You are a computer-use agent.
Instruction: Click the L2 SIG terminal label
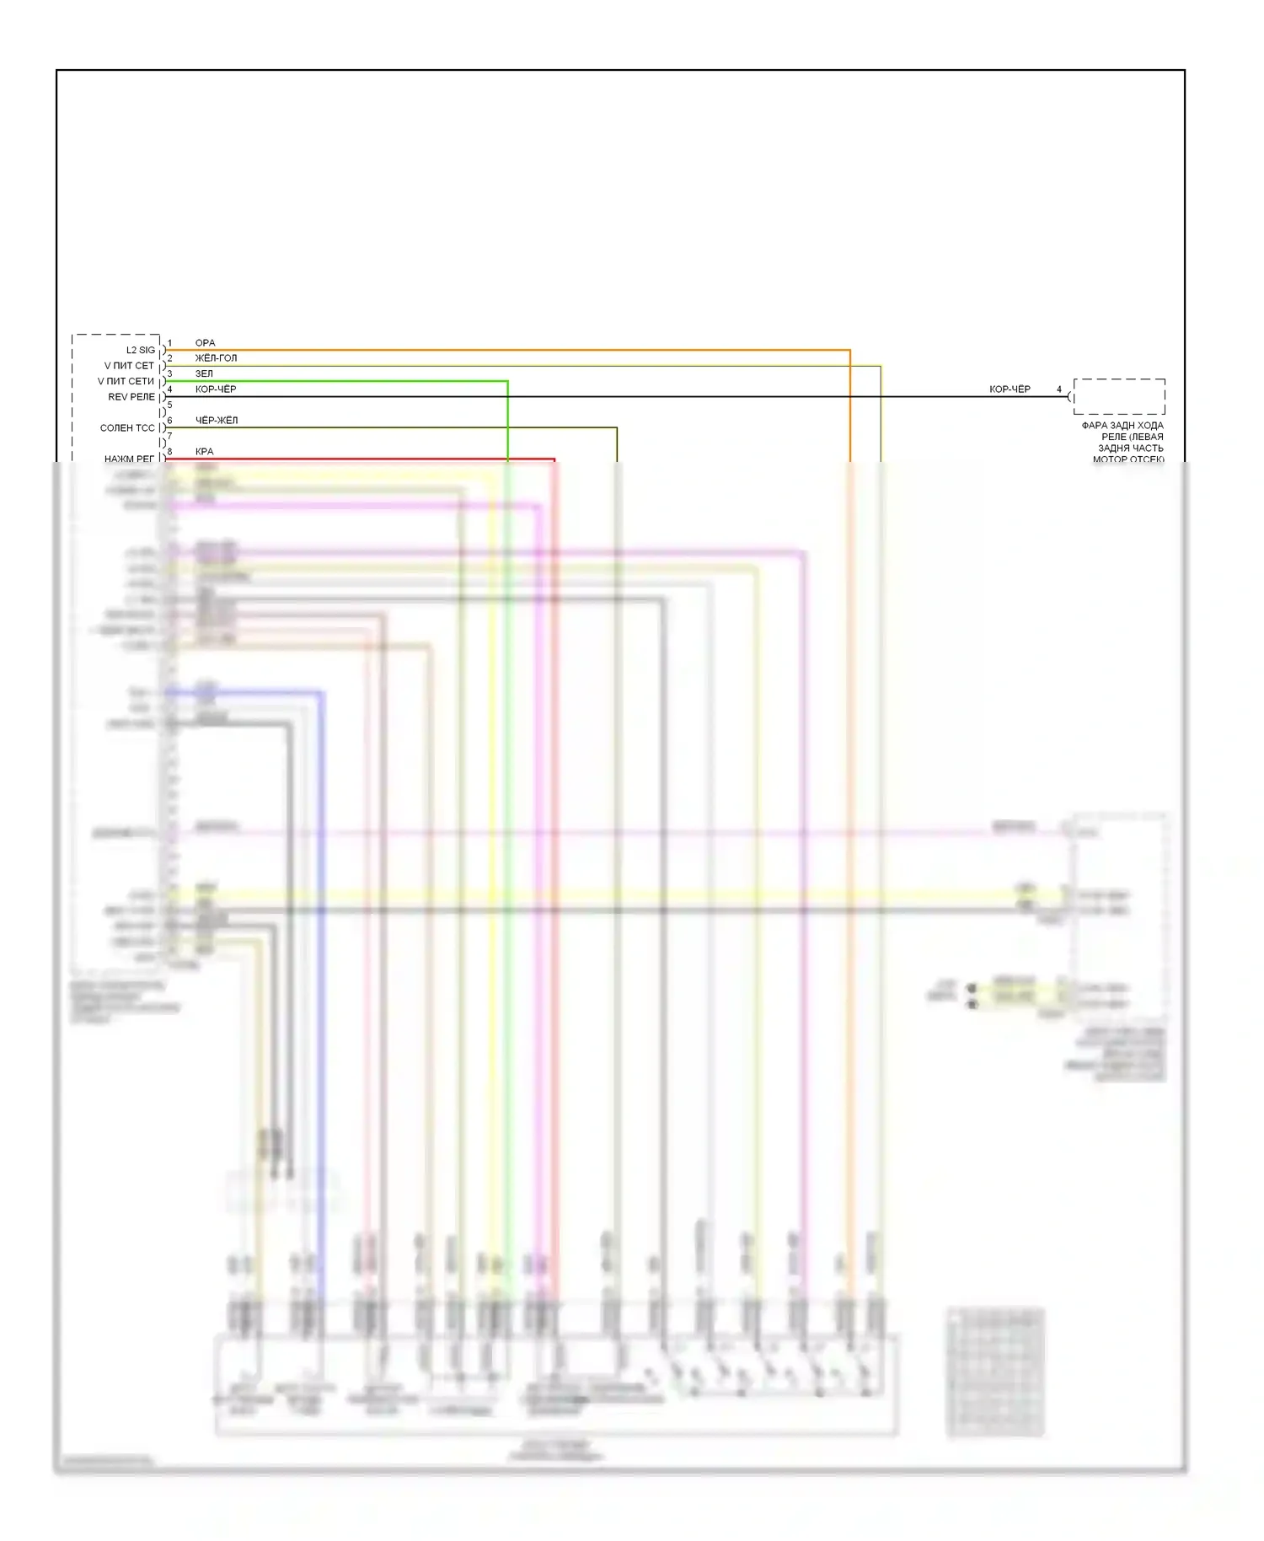[x=141, y=350]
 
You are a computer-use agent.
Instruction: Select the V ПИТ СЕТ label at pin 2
[x=129, y=366]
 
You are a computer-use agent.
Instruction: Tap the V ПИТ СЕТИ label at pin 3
[x=126, y=381]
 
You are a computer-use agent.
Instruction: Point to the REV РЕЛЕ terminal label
[x=131, y=397]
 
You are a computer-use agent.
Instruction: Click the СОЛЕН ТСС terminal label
[x=127, y=428]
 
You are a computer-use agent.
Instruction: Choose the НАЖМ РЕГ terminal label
[x=130, y=459]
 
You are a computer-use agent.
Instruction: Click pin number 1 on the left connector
[x=169, y=344]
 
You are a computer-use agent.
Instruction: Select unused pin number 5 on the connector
[x=169, y=405]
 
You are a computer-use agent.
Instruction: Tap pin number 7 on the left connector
[x=169, y=437]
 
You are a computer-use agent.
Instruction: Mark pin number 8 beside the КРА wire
[x=169, y=452]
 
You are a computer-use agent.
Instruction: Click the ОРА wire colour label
[x=205, y=343]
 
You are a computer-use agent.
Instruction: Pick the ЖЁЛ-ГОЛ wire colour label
[x=216, y=358]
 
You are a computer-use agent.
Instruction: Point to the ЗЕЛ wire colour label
[x=204, y=373]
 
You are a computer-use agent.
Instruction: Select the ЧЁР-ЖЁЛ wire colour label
[x=217, y=420]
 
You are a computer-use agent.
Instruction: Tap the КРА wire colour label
[x=204, y=452]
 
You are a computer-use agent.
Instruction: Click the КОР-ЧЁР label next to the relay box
[x=1010, y=389]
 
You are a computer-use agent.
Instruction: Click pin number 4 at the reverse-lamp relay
[x=1059, y=389]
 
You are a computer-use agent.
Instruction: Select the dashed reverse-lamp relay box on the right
[x=1119, y=396]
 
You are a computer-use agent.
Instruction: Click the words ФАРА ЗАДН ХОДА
[x=1122, y=426]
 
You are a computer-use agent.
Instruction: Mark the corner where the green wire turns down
[x=507, y=382]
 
